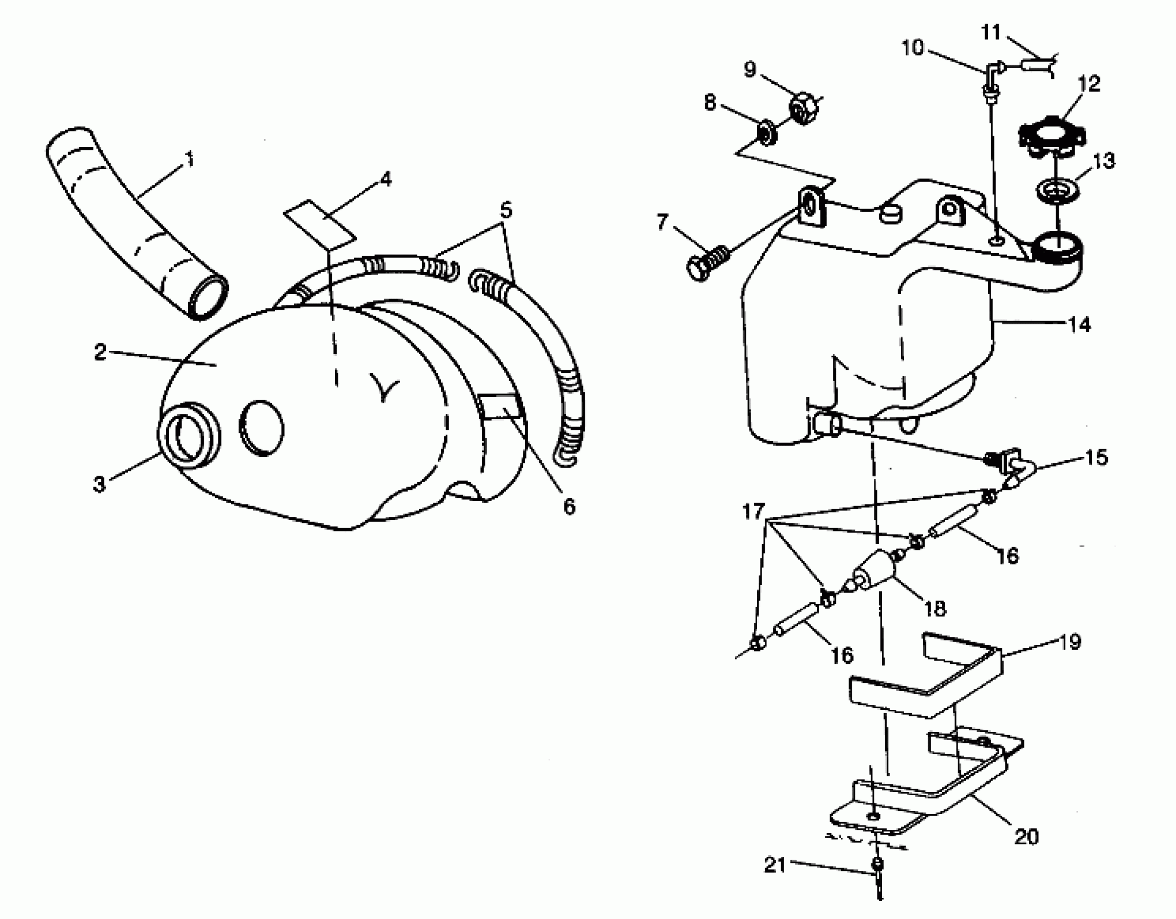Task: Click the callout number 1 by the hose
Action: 189,160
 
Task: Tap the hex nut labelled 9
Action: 804,109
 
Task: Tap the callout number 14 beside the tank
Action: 1079,324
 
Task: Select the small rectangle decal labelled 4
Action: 319,224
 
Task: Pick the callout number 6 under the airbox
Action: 569,507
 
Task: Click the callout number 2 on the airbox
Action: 100,352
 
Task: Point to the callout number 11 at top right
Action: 991,32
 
